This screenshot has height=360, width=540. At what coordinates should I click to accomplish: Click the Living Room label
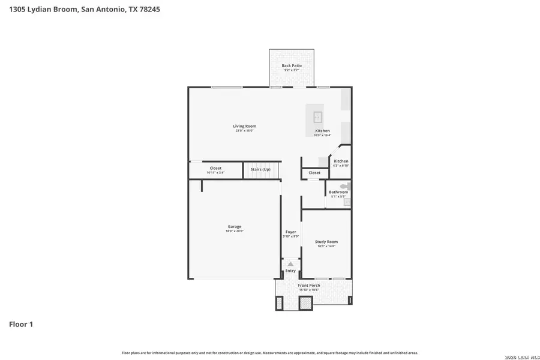(245, 126)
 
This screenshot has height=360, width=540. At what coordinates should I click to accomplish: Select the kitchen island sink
(319, 116)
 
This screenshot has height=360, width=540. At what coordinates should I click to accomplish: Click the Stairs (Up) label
(260, 170)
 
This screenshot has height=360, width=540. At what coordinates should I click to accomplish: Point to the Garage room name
(234, 226)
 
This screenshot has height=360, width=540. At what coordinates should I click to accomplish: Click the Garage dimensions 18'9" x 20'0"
(234, 231)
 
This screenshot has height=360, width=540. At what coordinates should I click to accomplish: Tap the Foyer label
(290, 232)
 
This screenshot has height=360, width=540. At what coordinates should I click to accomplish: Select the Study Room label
(326, 242)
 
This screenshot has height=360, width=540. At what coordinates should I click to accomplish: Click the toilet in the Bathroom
(346, 187)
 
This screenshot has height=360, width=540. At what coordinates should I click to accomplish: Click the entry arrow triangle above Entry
(290, 263)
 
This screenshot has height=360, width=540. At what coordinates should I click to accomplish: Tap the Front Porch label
(309, 285)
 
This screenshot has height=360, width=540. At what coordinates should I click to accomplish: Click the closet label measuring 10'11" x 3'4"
(215, 173)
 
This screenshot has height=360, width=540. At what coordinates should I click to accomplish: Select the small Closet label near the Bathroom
(314, 173)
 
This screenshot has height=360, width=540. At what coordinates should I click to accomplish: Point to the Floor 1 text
(21, 325)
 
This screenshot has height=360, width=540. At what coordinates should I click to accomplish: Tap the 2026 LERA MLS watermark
(520, 357)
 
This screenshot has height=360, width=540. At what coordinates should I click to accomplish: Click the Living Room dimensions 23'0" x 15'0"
(245, 131)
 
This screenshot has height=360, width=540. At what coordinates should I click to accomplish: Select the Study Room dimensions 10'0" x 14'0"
(326, 247)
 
